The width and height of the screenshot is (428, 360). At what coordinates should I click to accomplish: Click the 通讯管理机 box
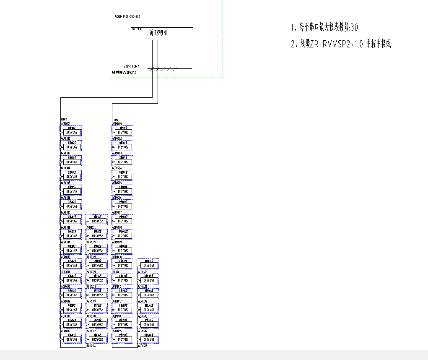coord(162,34)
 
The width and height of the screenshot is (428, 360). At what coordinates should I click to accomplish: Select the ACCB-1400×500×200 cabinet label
coord(127,16)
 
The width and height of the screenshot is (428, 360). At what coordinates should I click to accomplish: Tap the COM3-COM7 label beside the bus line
coord(131,66)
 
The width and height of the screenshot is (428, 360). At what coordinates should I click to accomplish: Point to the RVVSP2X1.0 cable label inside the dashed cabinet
coord(125,73)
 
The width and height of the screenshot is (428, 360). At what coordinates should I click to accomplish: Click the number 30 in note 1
coord(354,28)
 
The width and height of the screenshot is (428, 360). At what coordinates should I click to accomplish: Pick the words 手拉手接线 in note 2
coord(378,44)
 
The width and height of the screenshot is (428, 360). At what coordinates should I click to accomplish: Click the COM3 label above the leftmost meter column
coord(64,120)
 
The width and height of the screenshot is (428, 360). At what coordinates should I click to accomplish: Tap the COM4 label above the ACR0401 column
coord(115,120)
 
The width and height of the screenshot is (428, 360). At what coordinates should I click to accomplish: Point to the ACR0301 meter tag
coord(66,124)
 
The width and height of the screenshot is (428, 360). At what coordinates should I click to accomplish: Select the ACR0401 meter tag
coord(117,124)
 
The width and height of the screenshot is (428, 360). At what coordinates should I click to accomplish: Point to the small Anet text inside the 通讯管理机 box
coord(137,29)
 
